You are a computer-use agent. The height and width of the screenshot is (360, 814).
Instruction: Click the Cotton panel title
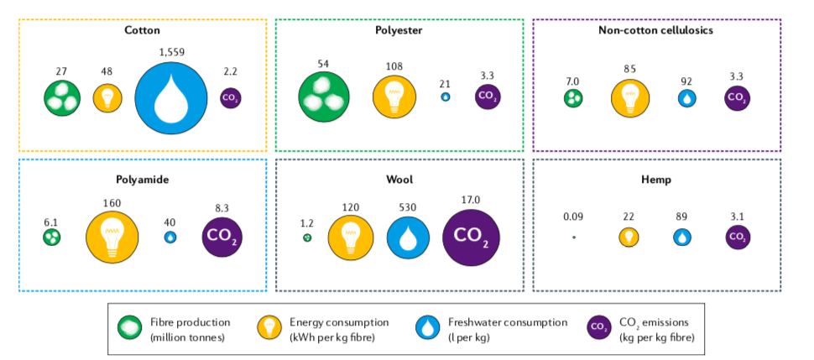point(142,30)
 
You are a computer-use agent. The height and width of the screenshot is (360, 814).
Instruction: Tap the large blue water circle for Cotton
point(171,97)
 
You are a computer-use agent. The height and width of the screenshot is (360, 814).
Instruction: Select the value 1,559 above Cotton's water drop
point(171,51)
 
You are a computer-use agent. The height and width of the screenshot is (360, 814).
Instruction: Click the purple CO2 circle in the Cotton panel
point(229,98)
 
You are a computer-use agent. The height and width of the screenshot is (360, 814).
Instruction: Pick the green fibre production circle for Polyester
point(324,98)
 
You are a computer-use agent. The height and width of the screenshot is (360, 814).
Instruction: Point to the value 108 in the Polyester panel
point(394,64)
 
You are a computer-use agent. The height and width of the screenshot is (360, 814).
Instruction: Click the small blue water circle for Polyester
point(445,97)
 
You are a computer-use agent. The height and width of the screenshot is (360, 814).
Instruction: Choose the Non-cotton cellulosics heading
point(656,30)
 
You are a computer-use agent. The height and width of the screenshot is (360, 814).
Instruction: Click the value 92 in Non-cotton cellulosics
point(686,81)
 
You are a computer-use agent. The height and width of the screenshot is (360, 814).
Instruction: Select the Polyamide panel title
point(142,179)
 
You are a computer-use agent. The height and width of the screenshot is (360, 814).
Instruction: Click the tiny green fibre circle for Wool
point(307,238)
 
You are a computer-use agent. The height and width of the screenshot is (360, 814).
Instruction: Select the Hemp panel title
point(656,179)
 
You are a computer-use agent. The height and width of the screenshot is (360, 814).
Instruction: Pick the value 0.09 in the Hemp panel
point(574,217)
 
